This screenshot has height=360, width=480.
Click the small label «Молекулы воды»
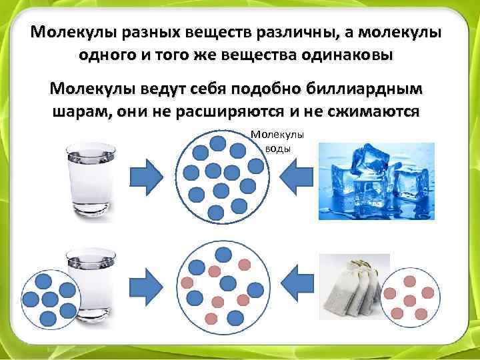277,141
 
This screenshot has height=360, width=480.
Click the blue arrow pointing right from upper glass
145,177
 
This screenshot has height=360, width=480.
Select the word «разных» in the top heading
136,33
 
